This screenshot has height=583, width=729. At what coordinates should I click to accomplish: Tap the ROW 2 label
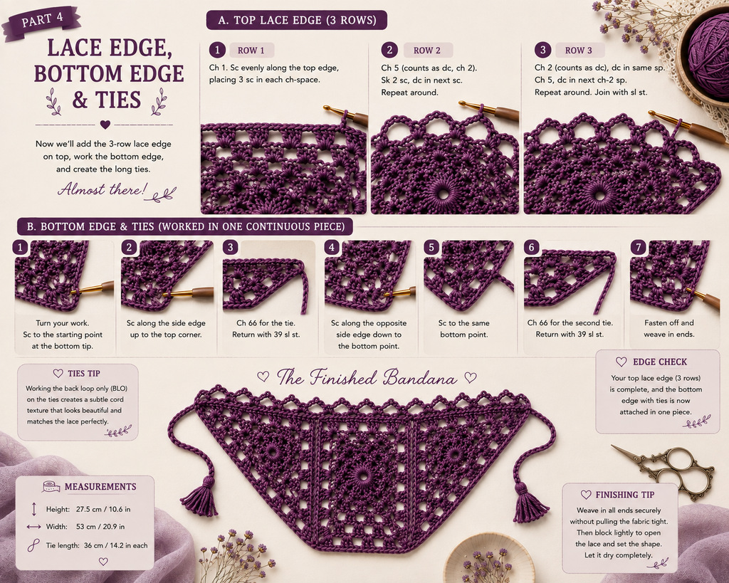[x=427, y=51]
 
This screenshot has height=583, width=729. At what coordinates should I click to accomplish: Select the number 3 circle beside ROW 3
[x=542, y=51]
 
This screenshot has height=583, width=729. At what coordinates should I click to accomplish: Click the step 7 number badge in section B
[x=639, y=247]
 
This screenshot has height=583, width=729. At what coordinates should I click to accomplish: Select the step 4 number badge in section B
[x=332, y=247]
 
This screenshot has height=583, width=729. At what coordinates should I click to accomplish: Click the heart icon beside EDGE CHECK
[x=621, y=362]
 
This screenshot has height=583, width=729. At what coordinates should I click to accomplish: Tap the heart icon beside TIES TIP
[x=58, y=373]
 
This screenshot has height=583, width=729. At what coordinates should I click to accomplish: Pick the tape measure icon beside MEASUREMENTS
[x=51, y=487]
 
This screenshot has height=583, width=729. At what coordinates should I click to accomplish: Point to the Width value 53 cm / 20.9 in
[x=100, y=527]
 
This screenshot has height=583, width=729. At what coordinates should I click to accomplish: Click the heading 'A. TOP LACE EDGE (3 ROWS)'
[x=297, y=20]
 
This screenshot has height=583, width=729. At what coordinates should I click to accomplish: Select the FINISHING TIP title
[x=625, y=495]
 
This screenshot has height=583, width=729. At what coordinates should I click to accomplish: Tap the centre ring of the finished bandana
[x=362, y=475]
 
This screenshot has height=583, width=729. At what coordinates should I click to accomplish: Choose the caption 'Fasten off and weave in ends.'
[x=668, y=328]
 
